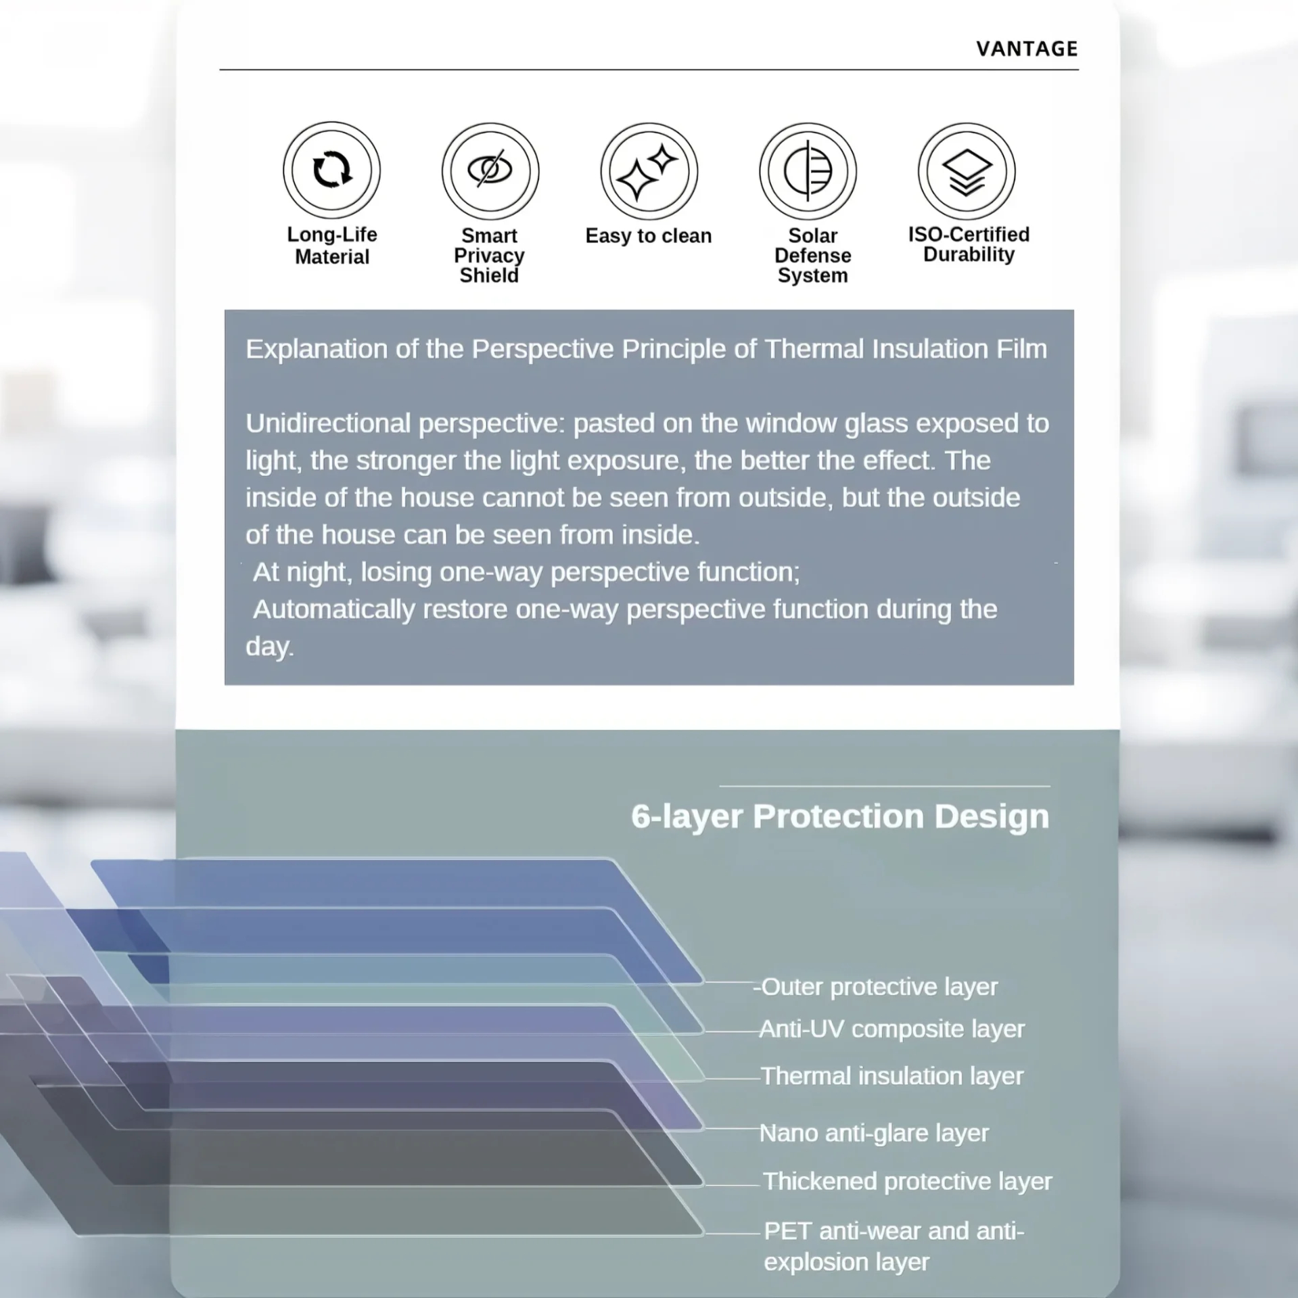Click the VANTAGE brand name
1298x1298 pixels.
tap(1027, 49)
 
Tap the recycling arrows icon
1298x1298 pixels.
tap(331, 169)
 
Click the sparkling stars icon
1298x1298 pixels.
tap(649, 171)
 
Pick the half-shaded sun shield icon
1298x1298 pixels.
tap(808, 171)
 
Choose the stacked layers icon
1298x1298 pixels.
tap(967, 171)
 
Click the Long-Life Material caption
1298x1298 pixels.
tap(332, 246)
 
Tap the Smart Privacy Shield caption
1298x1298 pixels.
tap(489, 256)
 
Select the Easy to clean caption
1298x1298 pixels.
tap(649, 236)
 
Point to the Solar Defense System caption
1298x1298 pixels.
tap(812, 256)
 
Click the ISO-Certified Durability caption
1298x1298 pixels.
tap(969, 244)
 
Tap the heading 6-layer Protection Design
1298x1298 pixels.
tap(840, 816)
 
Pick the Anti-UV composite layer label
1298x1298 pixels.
tap(892, 1029)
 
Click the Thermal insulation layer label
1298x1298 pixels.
tap(892, 1076)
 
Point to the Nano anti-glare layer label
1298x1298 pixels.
tap(874, 1133)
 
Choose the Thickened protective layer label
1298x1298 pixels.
tap(908, 1182)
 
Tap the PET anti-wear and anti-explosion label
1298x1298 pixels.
tap(894, 1247)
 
